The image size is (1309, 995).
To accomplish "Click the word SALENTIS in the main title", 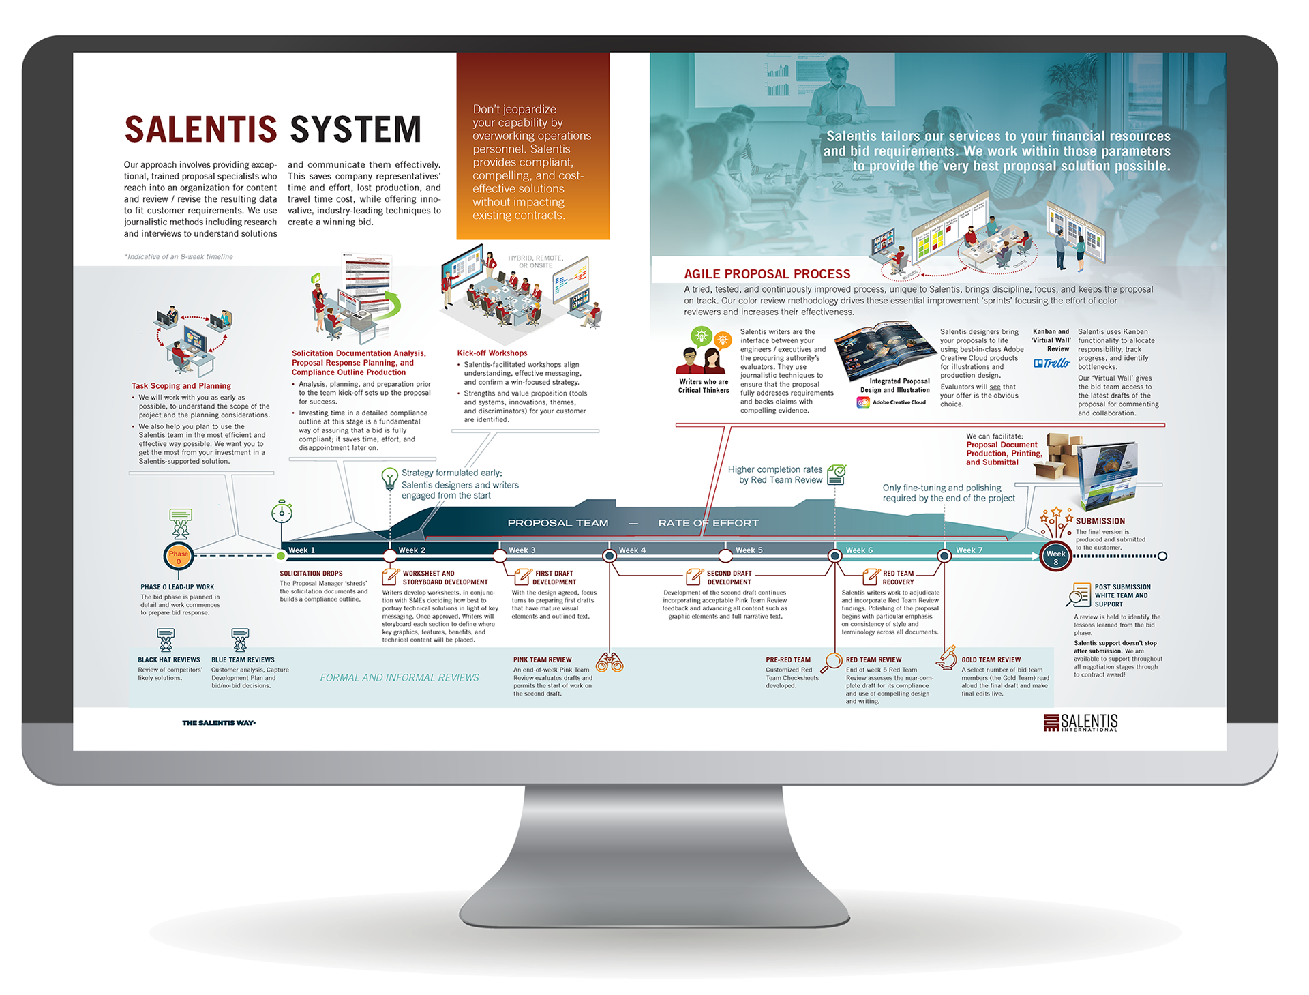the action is tap(200, 130).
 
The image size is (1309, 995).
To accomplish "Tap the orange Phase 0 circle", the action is tap(179, 556).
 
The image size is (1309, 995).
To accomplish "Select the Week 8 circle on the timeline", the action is tap(1055, 557).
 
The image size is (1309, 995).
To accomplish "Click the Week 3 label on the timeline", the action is tap(522, 550).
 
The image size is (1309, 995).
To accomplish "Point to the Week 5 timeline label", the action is tap(749, 550).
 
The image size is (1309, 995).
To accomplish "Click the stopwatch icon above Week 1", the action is tap(282, 511).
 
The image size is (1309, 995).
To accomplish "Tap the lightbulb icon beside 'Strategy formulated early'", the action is tap(389, 478).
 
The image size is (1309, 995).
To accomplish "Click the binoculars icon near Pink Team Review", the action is tap(610, 662).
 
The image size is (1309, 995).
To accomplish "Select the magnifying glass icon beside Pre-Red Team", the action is tap(832, 661).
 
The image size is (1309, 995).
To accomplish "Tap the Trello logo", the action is tap(1051, 363).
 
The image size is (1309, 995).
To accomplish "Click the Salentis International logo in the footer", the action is tap(1081, 723).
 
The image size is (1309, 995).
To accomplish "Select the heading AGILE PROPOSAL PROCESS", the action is tap(767, 274).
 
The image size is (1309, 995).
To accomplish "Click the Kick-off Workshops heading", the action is tap(492, 353).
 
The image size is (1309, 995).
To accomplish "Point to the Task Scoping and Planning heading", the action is tap(181, 386).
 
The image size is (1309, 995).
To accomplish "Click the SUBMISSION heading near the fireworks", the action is tap(1100, 521).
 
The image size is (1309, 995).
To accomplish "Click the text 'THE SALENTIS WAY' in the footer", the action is tap(219, 723).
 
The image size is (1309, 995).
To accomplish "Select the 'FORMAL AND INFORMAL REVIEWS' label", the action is tap(400, 678).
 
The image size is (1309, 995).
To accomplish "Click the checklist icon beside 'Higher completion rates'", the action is tap(837, 475).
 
